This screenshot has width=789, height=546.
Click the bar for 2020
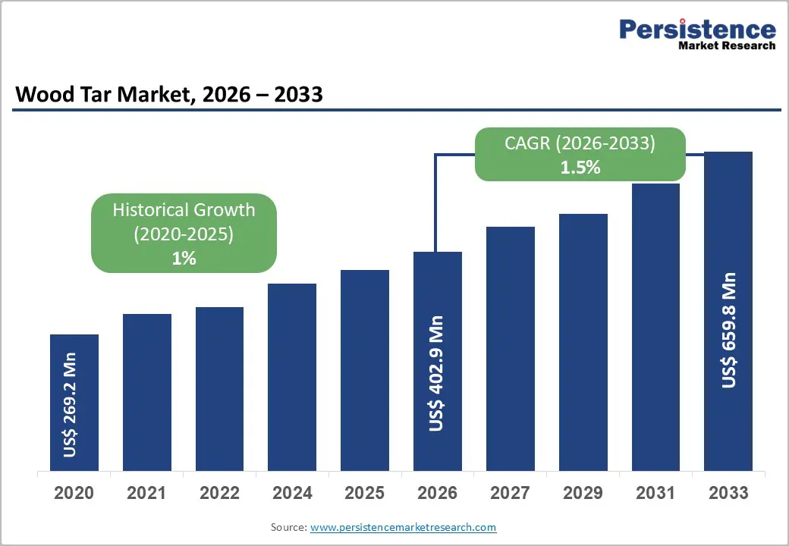[74, 402]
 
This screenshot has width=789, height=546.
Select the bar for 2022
[219, 388]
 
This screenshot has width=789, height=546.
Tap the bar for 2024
[292, 377]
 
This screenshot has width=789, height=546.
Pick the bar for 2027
[511, 348]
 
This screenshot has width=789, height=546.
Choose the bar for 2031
[655, 327]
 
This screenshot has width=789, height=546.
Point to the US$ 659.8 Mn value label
[729, 330]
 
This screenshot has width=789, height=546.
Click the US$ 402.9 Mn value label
[436, 374]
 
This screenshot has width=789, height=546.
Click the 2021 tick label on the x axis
[146, 493]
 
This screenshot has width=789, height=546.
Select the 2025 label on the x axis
[365, 493]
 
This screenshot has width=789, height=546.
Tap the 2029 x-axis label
[583, 493]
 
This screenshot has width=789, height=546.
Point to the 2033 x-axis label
[728, 493]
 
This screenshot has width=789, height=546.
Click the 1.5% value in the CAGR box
[580, 168]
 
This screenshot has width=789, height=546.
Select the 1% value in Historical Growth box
[184, 259]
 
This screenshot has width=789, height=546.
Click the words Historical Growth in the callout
[184, 210]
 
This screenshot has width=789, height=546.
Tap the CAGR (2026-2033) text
[580, 143]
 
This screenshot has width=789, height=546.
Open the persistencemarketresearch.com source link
[403, 527]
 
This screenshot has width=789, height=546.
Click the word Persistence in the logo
[697, 30]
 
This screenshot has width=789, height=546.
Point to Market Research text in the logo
[727, 45]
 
